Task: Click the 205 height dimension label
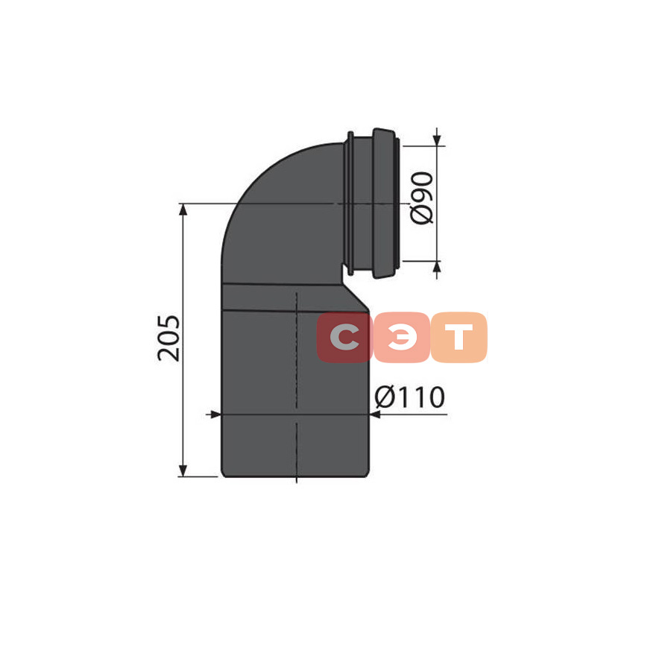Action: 168,338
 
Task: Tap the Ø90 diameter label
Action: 421,198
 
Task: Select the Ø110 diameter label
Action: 410,397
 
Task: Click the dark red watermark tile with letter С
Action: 344,337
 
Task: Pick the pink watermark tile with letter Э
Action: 401,337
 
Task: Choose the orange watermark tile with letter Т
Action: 459,337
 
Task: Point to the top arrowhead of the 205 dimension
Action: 183,210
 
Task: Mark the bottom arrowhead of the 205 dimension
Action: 183,470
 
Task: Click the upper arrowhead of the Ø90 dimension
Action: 437,140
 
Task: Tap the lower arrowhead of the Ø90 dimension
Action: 437,267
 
